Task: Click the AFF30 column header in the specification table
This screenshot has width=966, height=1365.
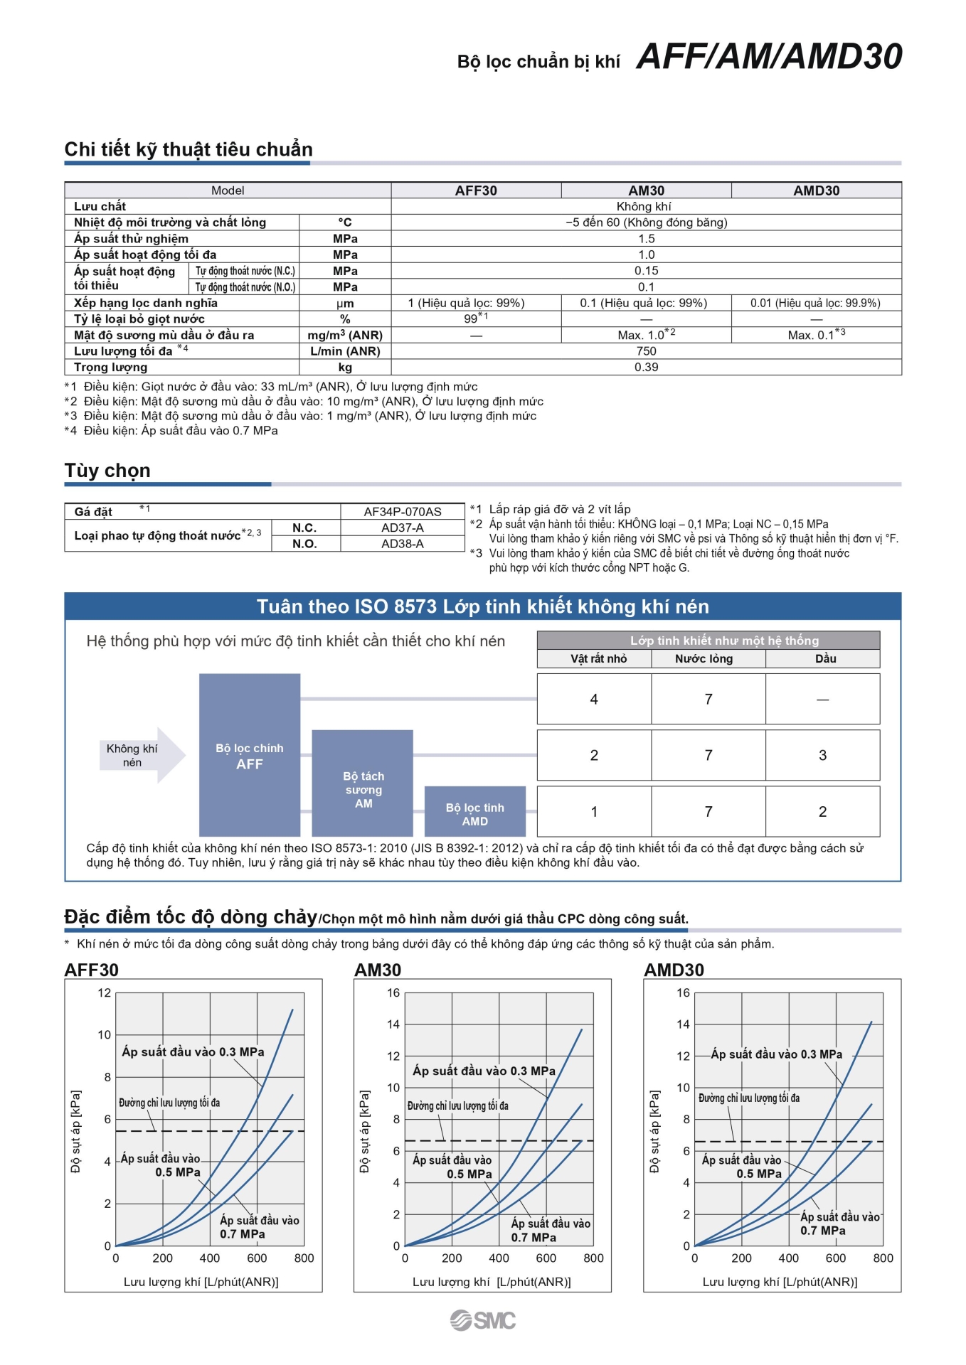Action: click(x=476, y=191)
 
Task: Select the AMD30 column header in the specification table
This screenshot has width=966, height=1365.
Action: click(x=816, y=191)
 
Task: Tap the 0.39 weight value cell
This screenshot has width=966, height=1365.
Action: click(x=646, y=368)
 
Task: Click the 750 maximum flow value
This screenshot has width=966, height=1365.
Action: click(x=646, y=351)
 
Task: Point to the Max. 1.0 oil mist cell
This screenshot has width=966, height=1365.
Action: click(x=646, y=335)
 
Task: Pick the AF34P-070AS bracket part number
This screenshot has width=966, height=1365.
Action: click(x=403, y=512)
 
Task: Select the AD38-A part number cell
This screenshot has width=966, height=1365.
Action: click(x=403, y=544)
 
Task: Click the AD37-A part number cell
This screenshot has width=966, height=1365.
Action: click(x=403, y=528)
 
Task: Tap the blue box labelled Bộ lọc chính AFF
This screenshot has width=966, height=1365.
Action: click(x=250, y=756)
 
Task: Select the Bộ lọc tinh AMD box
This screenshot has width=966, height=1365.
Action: click(x=474, y=812)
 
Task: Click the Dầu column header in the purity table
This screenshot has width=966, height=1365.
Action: click(x=825, y=659)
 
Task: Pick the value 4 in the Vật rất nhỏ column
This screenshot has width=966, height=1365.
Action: click(x=594, y=700)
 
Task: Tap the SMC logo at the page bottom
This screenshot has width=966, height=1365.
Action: click(x=483, y=1320)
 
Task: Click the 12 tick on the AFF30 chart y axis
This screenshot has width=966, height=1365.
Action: click(x=105, y=993)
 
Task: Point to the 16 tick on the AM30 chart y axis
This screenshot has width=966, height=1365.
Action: click(x=393, y=993)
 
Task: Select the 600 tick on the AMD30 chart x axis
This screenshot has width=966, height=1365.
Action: click(x=836, y=1258)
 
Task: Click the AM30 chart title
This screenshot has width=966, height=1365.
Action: click(x=378, y=970)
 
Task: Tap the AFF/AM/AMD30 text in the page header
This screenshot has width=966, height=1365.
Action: click(x=769, y=57)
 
